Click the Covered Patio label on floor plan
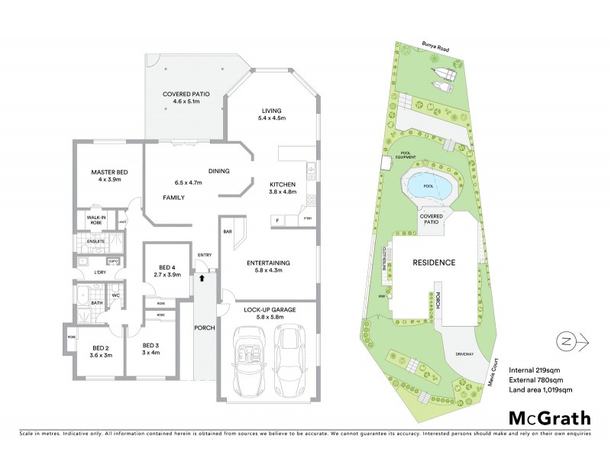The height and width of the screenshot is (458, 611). point(186,95)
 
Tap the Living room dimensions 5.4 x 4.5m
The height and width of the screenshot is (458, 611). point(272,118)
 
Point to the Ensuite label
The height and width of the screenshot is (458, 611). point(95,242)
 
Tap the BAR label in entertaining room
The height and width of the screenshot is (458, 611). point(228,231)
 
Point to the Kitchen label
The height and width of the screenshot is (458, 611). point(283,184)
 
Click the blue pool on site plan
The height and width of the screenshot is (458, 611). point(427,185)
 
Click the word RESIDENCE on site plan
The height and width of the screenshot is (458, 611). point(434,262)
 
